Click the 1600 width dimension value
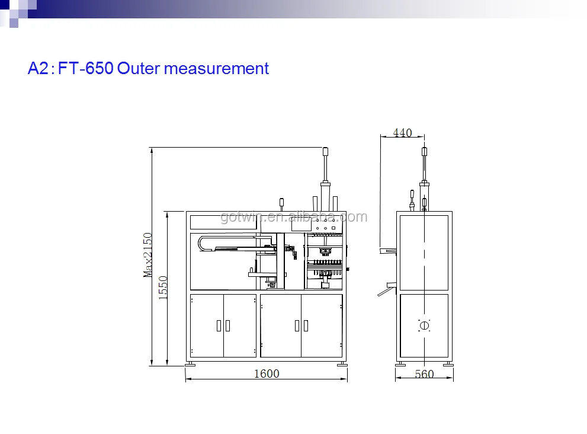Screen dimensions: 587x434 point(267,374)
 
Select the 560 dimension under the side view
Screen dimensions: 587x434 point(424,374)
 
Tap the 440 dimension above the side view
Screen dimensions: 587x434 point(402,133)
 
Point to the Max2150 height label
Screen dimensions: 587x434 point(148,255)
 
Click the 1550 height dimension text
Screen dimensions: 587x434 point(163,288)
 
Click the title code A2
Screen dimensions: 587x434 point(38,68)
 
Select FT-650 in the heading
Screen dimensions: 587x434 point(86,68)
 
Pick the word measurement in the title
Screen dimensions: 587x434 point(216,69)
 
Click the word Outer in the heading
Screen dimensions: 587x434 point(139,68)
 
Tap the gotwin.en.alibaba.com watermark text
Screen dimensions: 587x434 point(294,216)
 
